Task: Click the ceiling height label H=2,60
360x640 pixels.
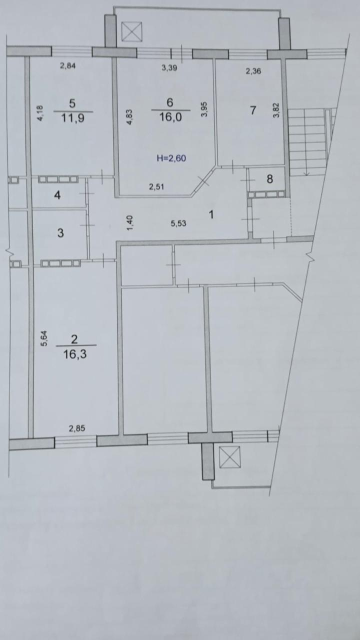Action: pyautogui.click(x=171, y=158)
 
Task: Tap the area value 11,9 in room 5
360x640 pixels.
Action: pyautogui.click(x=73, y=117)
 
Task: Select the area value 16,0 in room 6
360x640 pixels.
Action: pyautogui.click(x=170, y=117)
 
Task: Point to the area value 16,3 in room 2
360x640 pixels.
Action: pyautogui.click(x=75, y=354)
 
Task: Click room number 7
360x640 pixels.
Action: pyautogui.click(x=253, y=110)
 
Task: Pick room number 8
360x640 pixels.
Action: pyautogui.click(x=269, y=179)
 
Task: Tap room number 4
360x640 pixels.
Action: pyautogui.click(x=57, y=195)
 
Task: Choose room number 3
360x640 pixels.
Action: pyautogui.click(x=60, y=233)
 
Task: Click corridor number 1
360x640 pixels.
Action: pyautogui.click(x=211, y=214)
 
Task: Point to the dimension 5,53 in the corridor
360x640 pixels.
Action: pyautogui.click(x=178, y=223)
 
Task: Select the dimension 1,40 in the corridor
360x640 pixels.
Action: pyautogui.click(x=130, y=223)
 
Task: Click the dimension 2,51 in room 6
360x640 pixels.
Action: pyautogui.click(x=156, y=187)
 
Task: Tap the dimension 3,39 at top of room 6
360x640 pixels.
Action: pyautogui.click(x=169, y=67)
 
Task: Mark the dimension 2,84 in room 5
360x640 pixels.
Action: pyautogui.click(x=67, y=66)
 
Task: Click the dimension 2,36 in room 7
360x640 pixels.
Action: pyautogui.click(x=253, y=71)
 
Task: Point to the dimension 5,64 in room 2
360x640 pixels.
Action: pyautogui.click(x=44, y=338)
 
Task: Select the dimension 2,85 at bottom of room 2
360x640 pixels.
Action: pyautogui.click(x=77, y=428)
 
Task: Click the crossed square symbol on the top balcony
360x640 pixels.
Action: pyautogui.click(x=131, y=31)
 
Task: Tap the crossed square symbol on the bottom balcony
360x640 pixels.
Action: pyautogui.click(x=229, y=457)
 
